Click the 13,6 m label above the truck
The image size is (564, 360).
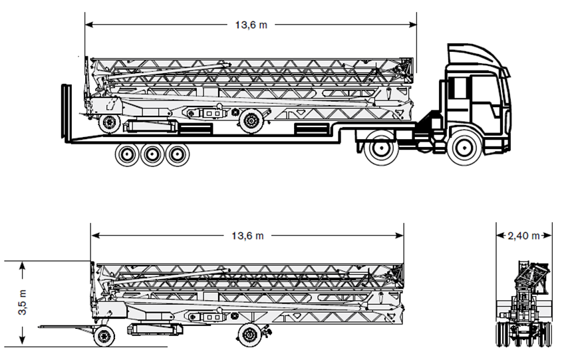(x=251, y=25)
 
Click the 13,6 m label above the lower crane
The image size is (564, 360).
(x=247, y=236)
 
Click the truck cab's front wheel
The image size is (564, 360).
(x=464, y=149)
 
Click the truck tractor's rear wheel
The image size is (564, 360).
(x=382, y=148)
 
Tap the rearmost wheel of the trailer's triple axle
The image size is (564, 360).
(x=126, y=155)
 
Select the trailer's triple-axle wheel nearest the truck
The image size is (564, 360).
(x=177, y=155)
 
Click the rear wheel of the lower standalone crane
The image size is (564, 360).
(x=104, y=335)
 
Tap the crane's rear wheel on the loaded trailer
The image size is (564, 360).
(x=108, y=122)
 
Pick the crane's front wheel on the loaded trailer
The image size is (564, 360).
(x=250, y=120)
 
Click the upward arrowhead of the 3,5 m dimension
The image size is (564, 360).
(x=23, y=266)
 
